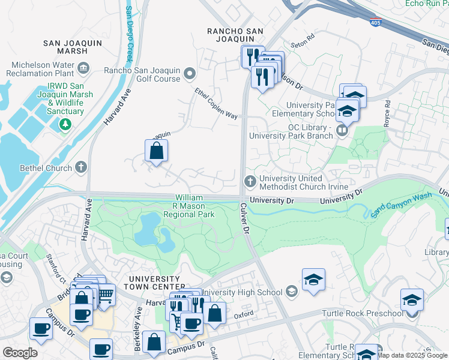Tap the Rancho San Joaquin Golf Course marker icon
click(x=190, y=74)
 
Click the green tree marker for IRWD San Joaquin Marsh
click(x=65, y=124)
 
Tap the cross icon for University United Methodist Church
click(x=250, y=181)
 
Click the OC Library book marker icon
click(x=342, y=130)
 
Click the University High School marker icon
click(x=292, y=292)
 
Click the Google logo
click(x=20, y=353)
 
